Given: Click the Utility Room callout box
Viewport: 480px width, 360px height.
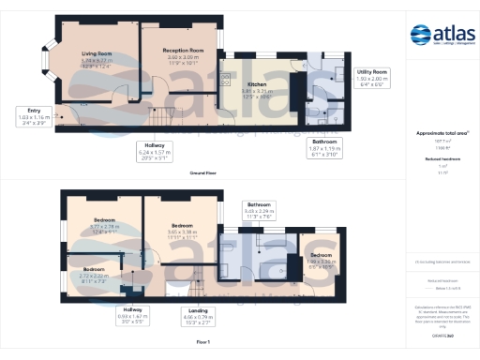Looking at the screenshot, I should (372, 78).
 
